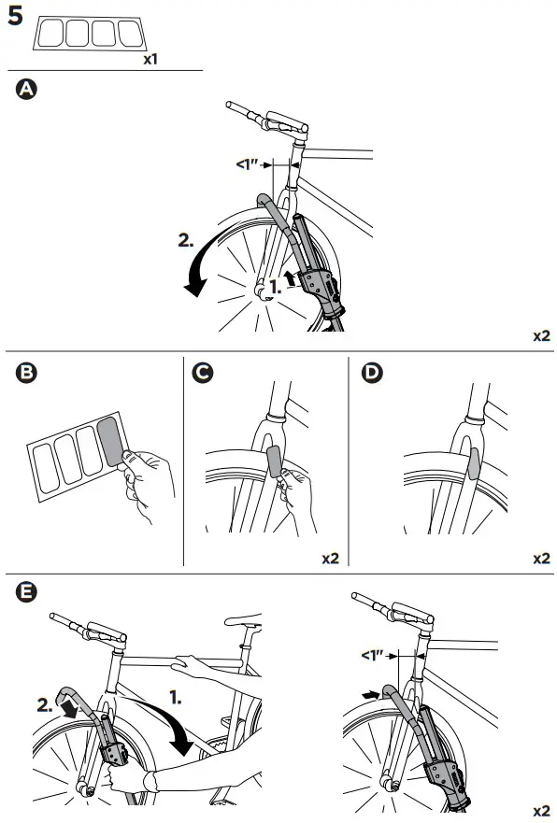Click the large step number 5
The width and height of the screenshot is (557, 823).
coord(15,16)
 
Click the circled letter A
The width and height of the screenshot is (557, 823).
coord(26,90)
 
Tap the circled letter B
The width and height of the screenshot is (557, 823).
coord(26,373)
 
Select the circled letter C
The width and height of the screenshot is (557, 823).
coord(203,373)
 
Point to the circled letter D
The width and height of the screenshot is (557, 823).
coord(372,373)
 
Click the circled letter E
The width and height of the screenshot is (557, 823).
coord(26,592)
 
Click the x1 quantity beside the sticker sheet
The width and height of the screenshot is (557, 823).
coord(150,59)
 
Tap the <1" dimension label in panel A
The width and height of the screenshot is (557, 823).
coord(248,164)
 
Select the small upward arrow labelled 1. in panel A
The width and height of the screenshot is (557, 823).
coord(289,278)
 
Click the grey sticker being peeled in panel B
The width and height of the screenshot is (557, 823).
coord(111,441)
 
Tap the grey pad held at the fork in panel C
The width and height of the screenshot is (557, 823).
coord(275,460)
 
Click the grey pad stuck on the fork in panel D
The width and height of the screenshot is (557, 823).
coord(473,463)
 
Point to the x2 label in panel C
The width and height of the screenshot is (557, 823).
coord(330,559)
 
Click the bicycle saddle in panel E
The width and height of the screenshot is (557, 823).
coord(244,620)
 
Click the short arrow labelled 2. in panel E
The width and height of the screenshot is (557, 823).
coord(69,710)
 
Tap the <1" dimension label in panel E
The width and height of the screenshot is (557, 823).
coord(373,656)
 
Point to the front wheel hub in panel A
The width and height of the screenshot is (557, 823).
coord(259,291)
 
